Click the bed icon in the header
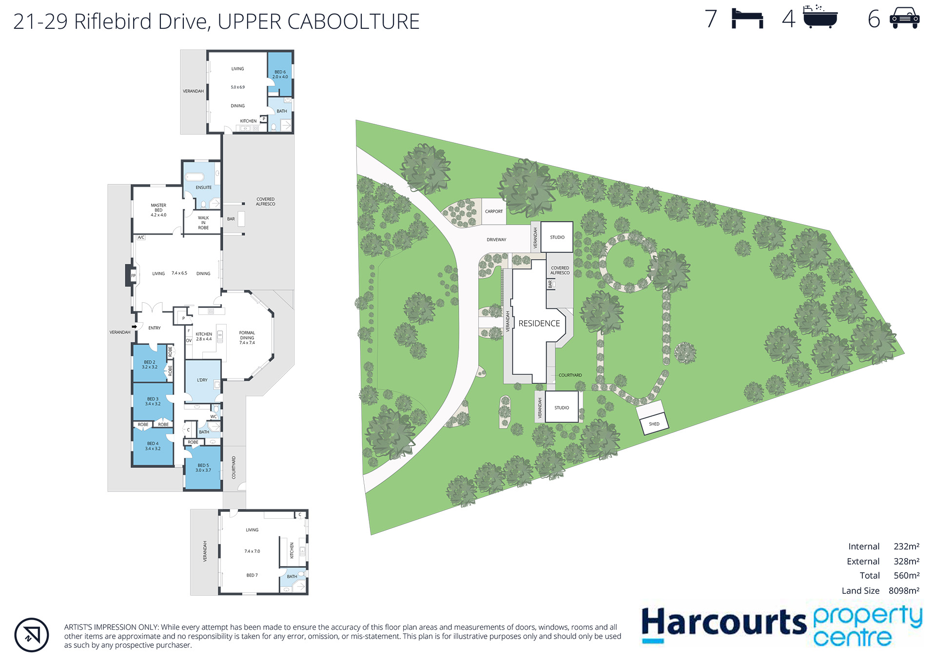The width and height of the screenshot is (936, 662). point(747,19)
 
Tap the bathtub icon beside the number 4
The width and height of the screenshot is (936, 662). point(820,17)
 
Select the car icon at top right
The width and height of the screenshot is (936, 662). point(904,18)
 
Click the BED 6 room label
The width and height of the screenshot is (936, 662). point(280,75)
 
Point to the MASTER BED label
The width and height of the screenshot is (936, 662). point(158,210)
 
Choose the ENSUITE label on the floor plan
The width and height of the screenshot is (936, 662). point(204,188)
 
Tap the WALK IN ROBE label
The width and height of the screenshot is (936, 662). point(203,223)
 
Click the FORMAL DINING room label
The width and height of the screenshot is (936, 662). point(247,338)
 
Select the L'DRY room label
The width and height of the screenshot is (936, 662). point(202,380)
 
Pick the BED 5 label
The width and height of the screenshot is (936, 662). point(203,468)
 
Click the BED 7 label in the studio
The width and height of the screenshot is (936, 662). point(252,575)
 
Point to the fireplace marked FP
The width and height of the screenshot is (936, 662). point(131,275)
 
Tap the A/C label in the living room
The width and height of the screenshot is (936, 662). point(141,237)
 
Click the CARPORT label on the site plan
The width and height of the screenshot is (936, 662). point(494,212)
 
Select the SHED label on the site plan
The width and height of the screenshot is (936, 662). point(654,424)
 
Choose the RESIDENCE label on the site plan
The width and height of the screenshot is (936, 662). point(539,323)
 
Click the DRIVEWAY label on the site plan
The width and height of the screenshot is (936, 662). point(496,240)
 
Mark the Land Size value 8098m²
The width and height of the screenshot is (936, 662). point(904,591)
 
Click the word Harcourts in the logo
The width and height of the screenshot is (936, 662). point(724,623)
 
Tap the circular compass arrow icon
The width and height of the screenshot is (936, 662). point(32,635)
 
